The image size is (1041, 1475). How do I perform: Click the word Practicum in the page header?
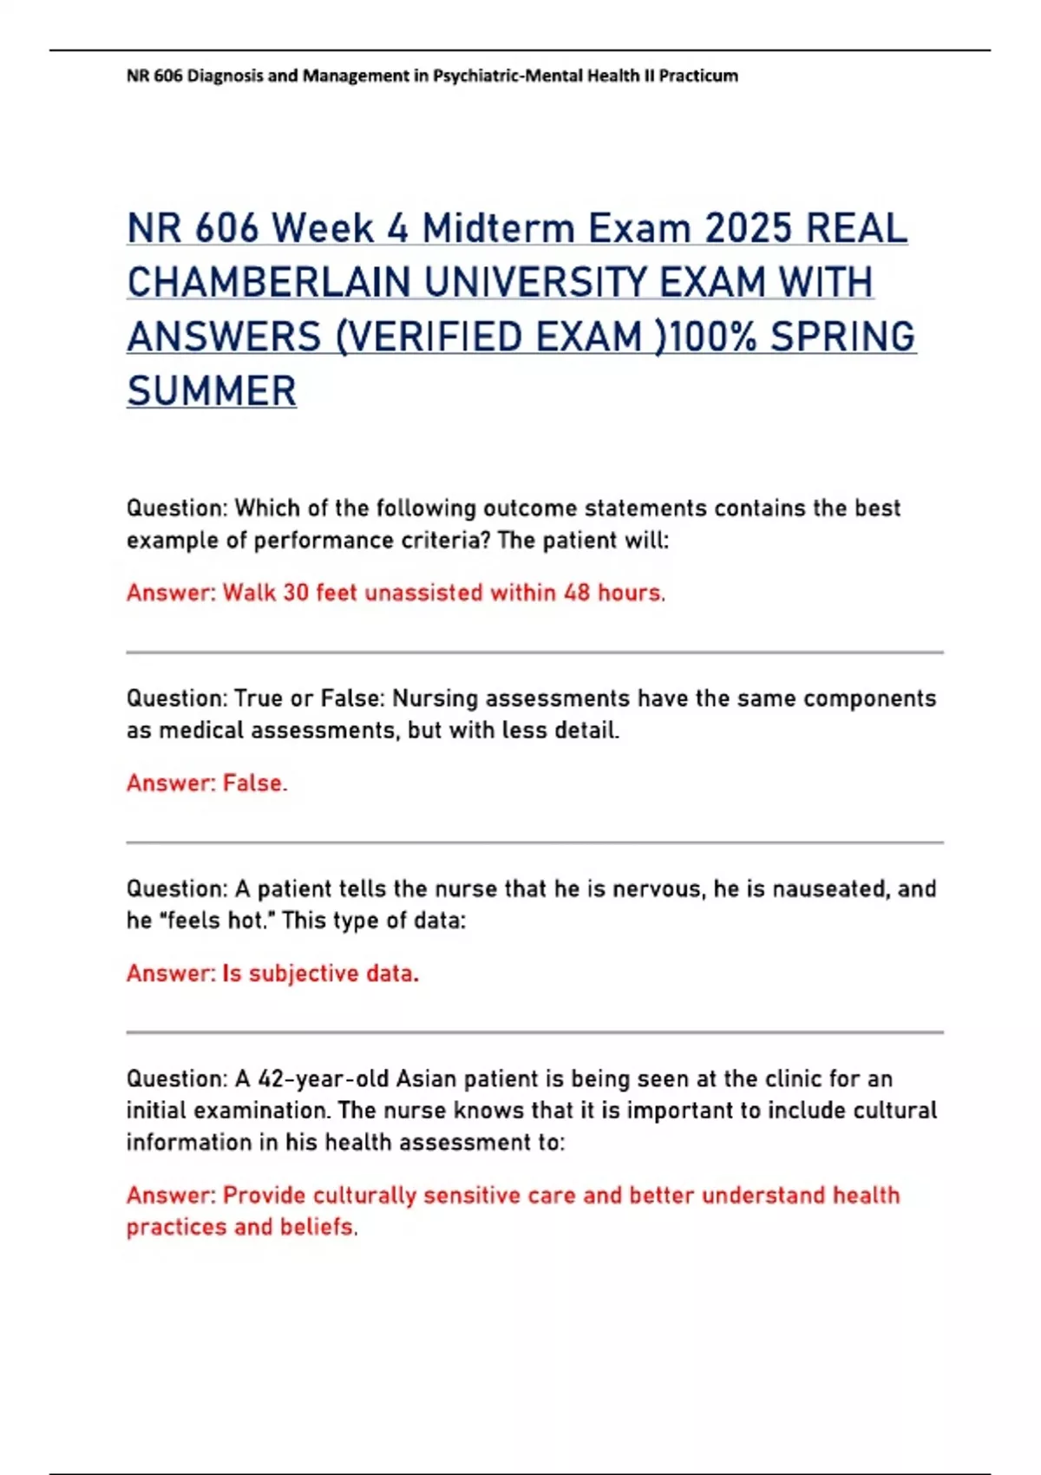[698, 76]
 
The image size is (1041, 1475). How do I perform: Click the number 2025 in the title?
[748, 229]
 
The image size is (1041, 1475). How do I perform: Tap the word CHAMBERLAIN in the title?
[269, 283]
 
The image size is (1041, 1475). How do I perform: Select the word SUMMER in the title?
[212, 391]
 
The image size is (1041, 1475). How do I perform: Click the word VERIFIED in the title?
[433, 338]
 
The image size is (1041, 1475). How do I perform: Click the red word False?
[253, 783]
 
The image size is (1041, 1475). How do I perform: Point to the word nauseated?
[830, 888]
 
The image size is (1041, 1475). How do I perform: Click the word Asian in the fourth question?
[426, 1078]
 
